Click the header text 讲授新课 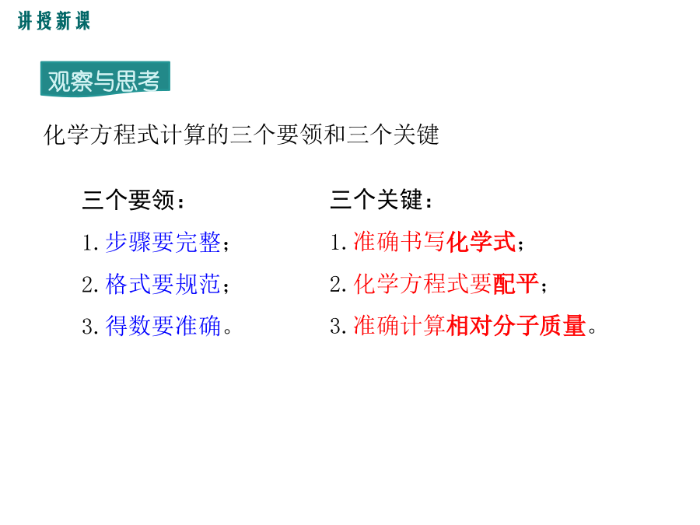[54, 21]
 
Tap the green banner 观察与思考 [105, 79]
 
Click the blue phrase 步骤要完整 [163, 243]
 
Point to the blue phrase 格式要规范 [163, 284]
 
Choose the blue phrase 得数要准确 [163, 325]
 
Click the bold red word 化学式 [481, 242]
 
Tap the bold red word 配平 [516, 284]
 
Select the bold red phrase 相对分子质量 [516, 325]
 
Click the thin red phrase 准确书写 [400, 242]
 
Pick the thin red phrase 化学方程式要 [423, 284]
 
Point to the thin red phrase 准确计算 [400, 325]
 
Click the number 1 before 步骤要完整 [88, 243]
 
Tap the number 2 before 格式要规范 [88, 285]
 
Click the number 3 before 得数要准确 [88, 327]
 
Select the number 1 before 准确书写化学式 [336, 243]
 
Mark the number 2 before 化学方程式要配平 [336, 285]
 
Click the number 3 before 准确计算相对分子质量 [336, 327]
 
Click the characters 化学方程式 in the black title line [102, 135]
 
